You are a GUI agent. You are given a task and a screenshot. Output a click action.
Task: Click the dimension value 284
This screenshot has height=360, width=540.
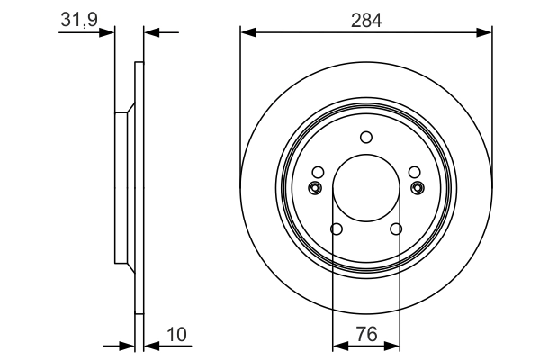366,20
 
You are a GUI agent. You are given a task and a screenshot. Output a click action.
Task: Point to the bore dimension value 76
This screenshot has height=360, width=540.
366,334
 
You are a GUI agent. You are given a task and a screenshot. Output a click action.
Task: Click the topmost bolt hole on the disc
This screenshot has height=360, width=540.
365,137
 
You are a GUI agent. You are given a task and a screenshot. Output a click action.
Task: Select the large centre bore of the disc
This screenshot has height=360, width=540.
366,187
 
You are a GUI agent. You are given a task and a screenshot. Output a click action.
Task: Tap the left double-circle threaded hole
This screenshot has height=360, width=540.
315,187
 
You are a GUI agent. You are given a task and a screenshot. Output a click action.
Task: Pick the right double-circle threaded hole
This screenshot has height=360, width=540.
418,187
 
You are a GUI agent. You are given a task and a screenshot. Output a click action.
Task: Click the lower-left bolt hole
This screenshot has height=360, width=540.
336,229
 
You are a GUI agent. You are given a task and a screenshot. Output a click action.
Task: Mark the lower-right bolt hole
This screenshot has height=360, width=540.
396,229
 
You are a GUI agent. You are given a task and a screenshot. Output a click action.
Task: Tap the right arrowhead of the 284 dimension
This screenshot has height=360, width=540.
486,33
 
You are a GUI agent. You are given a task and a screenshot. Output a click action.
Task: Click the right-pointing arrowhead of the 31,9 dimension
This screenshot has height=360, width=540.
110,33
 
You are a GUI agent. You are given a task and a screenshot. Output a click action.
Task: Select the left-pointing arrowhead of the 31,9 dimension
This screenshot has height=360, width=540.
149,33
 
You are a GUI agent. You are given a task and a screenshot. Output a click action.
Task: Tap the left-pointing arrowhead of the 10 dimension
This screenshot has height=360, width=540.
149,344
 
